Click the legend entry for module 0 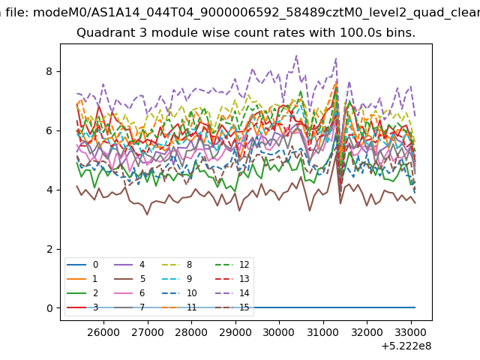click(82, 265)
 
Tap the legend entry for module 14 click(232, 293)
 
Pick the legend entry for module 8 click(177, 265)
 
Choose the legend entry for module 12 click(232, 265)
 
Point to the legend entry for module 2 click(82, 293)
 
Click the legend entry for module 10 click(179, 293)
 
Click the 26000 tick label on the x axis click(103, 332)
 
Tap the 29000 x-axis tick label click(235, 332)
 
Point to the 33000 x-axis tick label click(411, 332)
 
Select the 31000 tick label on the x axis click(323, 332)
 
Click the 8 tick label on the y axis click(49, 72)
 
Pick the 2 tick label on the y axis click(49, 249)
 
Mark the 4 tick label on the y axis click(49, 190)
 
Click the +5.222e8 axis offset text click(406, 346)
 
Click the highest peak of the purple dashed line click(296, 55)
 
